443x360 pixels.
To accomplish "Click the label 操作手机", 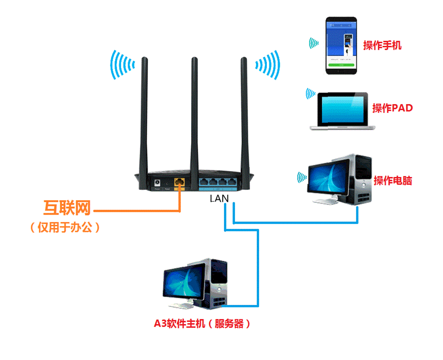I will pyautogui.click(x=382, y=45).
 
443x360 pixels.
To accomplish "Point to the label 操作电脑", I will pyautogui.click(x=392, y=181).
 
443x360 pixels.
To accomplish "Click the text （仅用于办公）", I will pyautogui.click(x=65, y=228).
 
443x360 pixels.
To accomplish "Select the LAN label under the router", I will pyautogui.click(x=219, y=199).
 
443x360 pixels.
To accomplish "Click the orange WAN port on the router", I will pyautogui.click(x=179, y=183).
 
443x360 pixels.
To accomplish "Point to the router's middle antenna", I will pyautogui.click(x=194, y=113).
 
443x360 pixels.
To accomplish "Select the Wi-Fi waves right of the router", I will pyautogui.click(x=267, y=64).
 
